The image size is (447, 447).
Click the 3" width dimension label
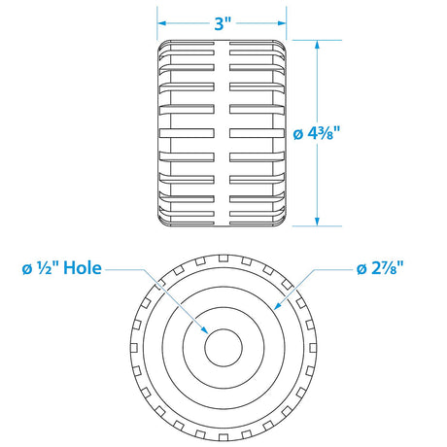tap(222, 23)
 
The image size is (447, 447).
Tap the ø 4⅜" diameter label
tap(316, 133)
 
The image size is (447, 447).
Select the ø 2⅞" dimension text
tap(380, 268)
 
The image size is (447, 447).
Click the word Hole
tap(83, 268)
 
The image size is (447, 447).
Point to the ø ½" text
tap(41, 268)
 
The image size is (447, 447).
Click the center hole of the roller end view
tap(223, 348)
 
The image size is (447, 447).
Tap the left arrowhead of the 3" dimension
tap(161, 23)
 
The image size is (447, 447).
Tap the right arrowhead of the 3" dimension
tap(282, 23)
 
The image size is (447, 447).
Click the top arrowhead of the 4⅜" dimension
tap(317, 45)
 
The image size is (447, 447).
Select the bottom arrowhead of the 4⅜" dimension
tap(317, 222)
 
